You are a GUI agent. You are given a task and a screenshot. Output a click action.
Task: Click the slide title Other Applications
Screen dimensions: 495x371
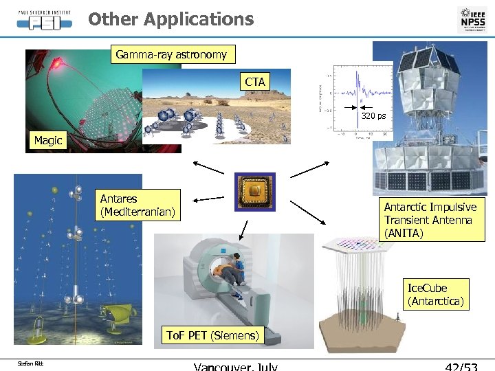[x=170, y=19]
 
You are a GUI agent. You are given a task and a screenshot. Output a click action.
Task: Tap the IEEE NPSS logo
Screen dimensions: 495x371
[x=472, y=19]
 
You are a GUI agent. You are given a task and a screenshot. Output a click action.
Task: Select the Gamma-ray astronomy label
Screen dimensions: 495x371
[x=171, y=54]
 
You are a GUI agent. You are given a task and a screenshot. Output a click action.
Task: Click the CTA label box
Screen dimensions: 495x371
[x=254, y=82]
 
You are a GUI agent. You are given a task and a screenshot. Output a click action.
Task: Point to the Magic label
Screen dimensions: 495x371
[x=48, y=141]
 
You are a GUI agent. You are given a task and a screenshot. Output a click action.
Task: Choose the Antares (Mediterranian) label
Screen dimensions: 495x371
[x=137, y=205]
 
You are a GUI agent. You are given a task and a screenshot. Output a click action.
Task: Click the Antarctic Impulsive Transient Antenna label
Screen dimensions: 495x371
[x=430, y=221]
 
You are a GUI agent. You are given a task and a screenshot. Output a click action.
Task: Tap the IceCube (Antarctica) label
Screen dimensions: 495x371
[x=436, y=295]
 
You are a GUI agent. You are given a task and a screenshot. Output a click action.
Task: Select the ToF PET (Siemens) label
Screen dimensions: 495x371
[x=213, y=336]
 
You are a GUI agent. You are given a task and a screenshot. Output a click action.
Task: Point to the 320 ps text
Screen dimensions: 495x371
[x=375, y=116]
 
